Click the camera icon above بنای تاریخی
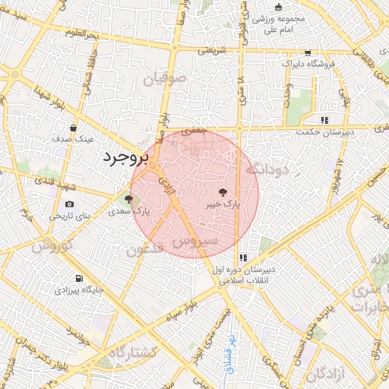70,204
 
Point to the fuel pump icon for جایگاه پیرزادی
80,277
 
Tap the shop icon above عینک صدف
73,128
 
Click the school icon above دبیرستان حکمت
325,119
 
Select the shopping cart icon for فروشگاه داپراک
307,53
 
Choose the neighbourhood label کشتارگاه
133,353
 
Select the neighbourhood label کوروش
52,246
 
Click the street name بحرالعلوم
84,33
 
